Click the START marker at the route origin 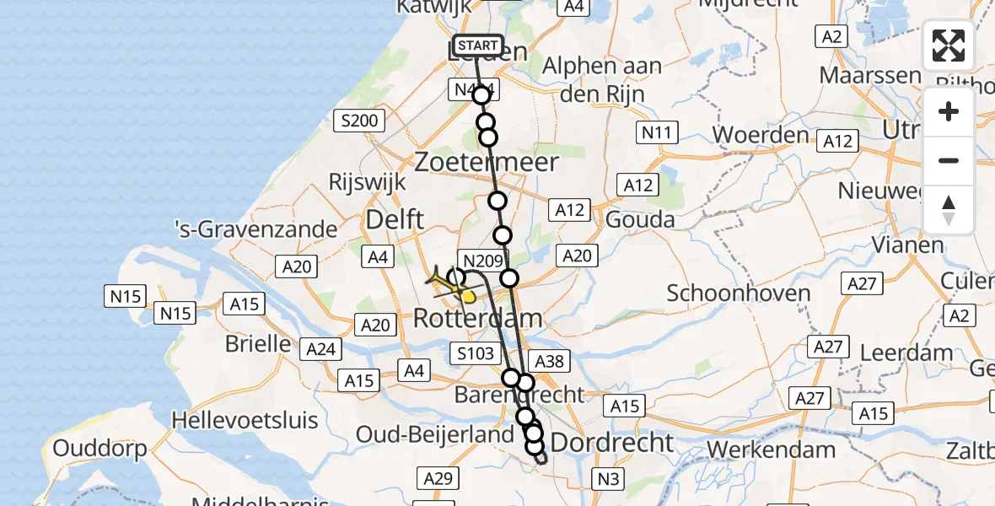point(478,46)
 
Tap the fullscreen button point(949,46)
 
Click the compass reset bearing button point(949,210)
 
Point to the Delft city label point(394,221)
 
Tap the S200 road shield point(359,121)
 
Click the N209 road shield point(481,261)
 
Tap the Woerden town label point(761,134)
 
